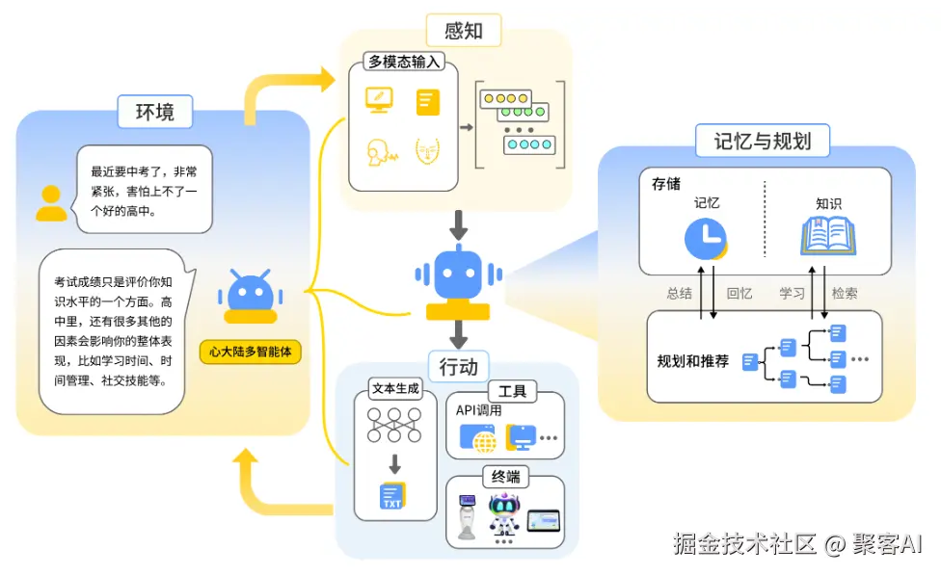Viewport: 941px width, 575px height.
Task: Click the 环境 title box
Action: (x=155, y=112)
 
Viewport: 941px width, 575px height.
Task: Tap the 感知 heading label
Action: (x=464, y=31)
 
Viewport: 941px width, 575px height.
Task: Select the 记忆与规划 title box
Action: (x=763, y=141)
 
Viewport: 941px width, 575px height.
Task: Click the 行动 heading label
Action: (x=459, y=366)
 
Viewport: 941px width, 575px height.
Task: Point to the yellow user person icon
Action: (x=51, y=203)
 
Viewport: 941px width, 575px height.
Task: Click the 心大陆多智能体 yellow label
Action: (x=251, y=352)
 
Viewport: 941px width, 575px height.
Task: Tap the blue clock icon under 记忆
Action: (x=706, y=239)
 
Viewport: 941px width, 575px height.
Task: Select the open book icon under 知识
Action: (x=828, y=236)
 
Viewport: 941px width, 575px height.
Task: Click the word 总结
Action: (x=680, y=293)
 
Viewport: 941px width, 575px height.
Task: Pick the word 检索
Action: (x=845, y=293)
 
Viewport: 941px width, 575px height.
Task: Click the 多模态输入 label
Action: (x=404, y=62)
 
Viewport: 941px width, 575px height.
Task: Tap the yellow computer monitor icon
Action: (x=379, y=100)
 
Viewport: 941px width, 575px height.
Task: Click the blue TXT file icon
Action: (x=392, y=496)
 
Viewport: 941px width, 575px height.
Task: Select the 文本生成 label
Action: (x=395, y=388)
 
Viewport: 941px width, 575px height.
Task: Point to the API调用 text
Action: (x=478, y=410)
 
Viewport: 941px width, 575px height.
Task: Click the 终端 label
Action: (x=505, y=477)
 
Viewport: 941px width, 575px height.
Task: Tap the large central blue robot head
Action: (x=459, y=274)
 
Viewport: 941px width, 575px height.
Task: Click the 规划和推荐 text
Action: (x=692, y=361)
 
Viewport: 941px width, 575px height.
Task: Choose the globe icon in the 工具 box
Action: (x=485, y=442)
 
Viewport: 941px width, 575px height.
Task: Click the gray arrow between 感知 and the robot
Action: (x=459, y=224)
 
